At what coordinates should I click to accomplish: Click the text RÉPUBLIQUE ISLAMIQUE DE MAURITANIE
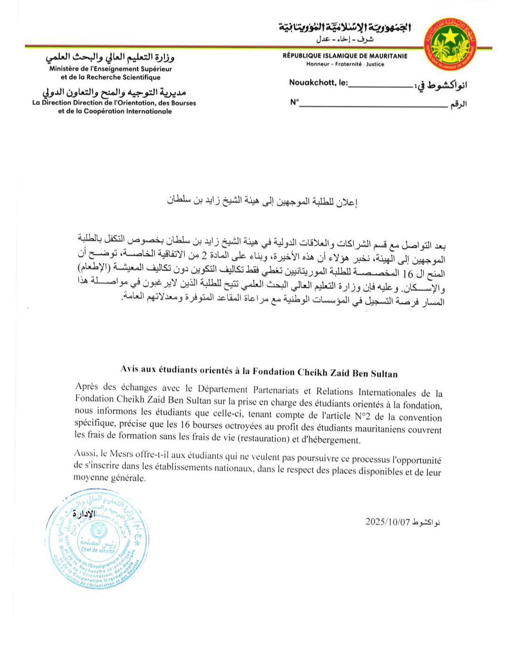pos(345,57)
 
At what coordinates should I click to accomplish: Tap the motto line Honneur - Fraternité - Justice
pos(345,64)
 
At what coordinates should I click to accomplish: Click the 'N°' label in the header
pos(294,103)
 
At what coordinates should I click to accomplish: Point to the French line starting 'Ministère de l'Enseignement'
pos(115,69)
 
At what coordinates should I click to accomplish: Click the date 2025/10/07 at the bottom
pos(387,522)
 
